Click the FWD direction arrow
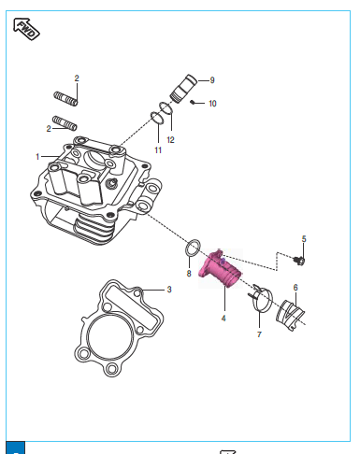coord(26,29)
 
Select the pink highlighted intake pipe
coord(222,269)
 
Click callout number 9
coord(212,80)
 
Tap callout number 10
coord(212,104)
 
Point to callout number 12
coord(170,140)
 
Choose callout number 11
coord(158,150)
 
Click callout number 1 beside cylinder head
coord(37,156)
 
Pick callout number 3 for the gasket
coord(169,290)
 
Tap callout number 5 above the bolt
coord(304,239)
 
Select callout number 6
coord(295,288)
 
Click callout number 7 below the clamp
coord(259,334)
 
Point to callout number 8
coord(189,274)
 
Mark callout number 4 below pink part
coord(223,319)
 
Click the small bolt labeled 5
coord(300,261)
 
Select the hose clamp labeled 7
coord(262,298)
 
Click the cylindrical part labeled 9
coord(184,89)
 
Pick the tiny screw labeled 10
coord(193,102)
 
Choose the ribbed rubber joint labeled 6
coord(290,315)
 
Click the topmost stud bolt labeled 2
coord(65,98)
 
